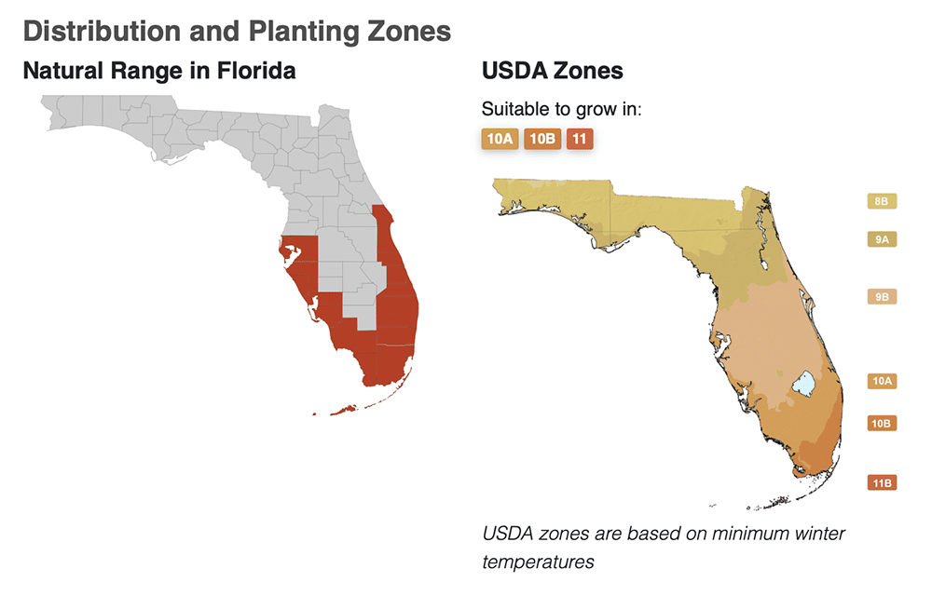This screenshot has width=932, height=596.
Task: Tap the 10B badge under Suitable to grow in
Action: (542, 140)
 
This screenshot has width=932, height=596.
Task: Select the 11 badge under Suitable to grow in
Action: (579, 140)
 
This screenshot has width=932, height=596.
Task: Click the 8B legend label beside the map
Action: (882, 201)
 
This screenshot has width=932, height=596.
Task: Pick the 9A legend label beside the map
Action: (882, 239)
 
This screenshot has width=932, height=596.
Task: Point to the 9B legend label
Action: (882, 297)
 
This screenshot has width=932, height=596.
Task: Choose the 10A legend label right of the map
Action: (882, 381)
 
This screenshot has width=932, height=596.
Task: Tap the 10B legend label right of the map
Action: (882, 423)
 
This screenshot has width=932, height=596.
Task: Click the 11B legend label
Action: (882, 483)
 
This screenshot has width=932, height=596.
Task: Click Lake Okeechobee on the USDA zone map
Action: (803, 384)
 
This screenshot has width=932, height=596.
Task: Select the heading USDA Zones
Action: (553, 71)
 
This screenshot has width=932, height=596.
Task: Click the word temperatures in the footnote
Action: (538, 562)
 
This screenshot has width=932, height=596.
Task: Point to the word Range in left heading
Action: (140, 71)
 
